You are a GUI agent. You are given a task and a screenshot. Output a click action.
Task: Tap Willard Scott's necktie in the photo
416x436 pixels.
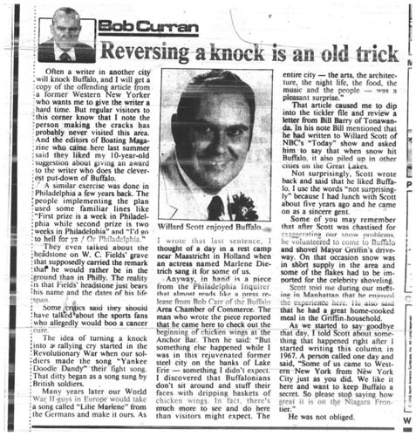pos(215,207)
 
